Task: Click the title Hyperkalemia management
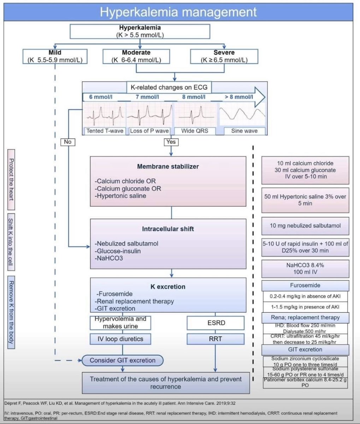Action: pyautogui.click(x=178, y=12)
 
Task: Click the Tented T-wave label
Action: pyautogui.click(x=105, y=131)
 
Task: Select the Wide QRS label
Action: pyautogui.click(x=195, y=131)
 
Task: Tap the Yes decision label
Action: pyautogui.click(x=171, y=142)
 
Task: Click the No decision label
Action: pyautogui.click(x=68, y=142)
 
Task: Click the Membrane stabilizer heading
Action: pyautogui.click(x=168, y=166)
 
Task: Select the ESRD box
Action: pyautogui.click(x=215, y=323)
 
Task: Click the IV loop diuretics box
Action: pyautogui.click(x=120, y=339)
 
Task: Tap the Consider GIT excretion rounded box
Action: pyautogui.click(x=122, y=360)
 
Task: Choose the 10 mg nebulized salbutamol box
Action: pyautogui.click(x=305, y=225)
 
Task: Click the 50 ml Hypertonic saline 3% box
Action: pyautogui.click(x=305, y=200)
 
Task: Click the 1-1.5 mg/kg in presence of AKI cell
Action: pyautogui.click(x=305, y=307)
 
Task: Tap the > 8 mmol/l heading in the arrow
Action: pyautogui.click(x=239, y=97)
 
